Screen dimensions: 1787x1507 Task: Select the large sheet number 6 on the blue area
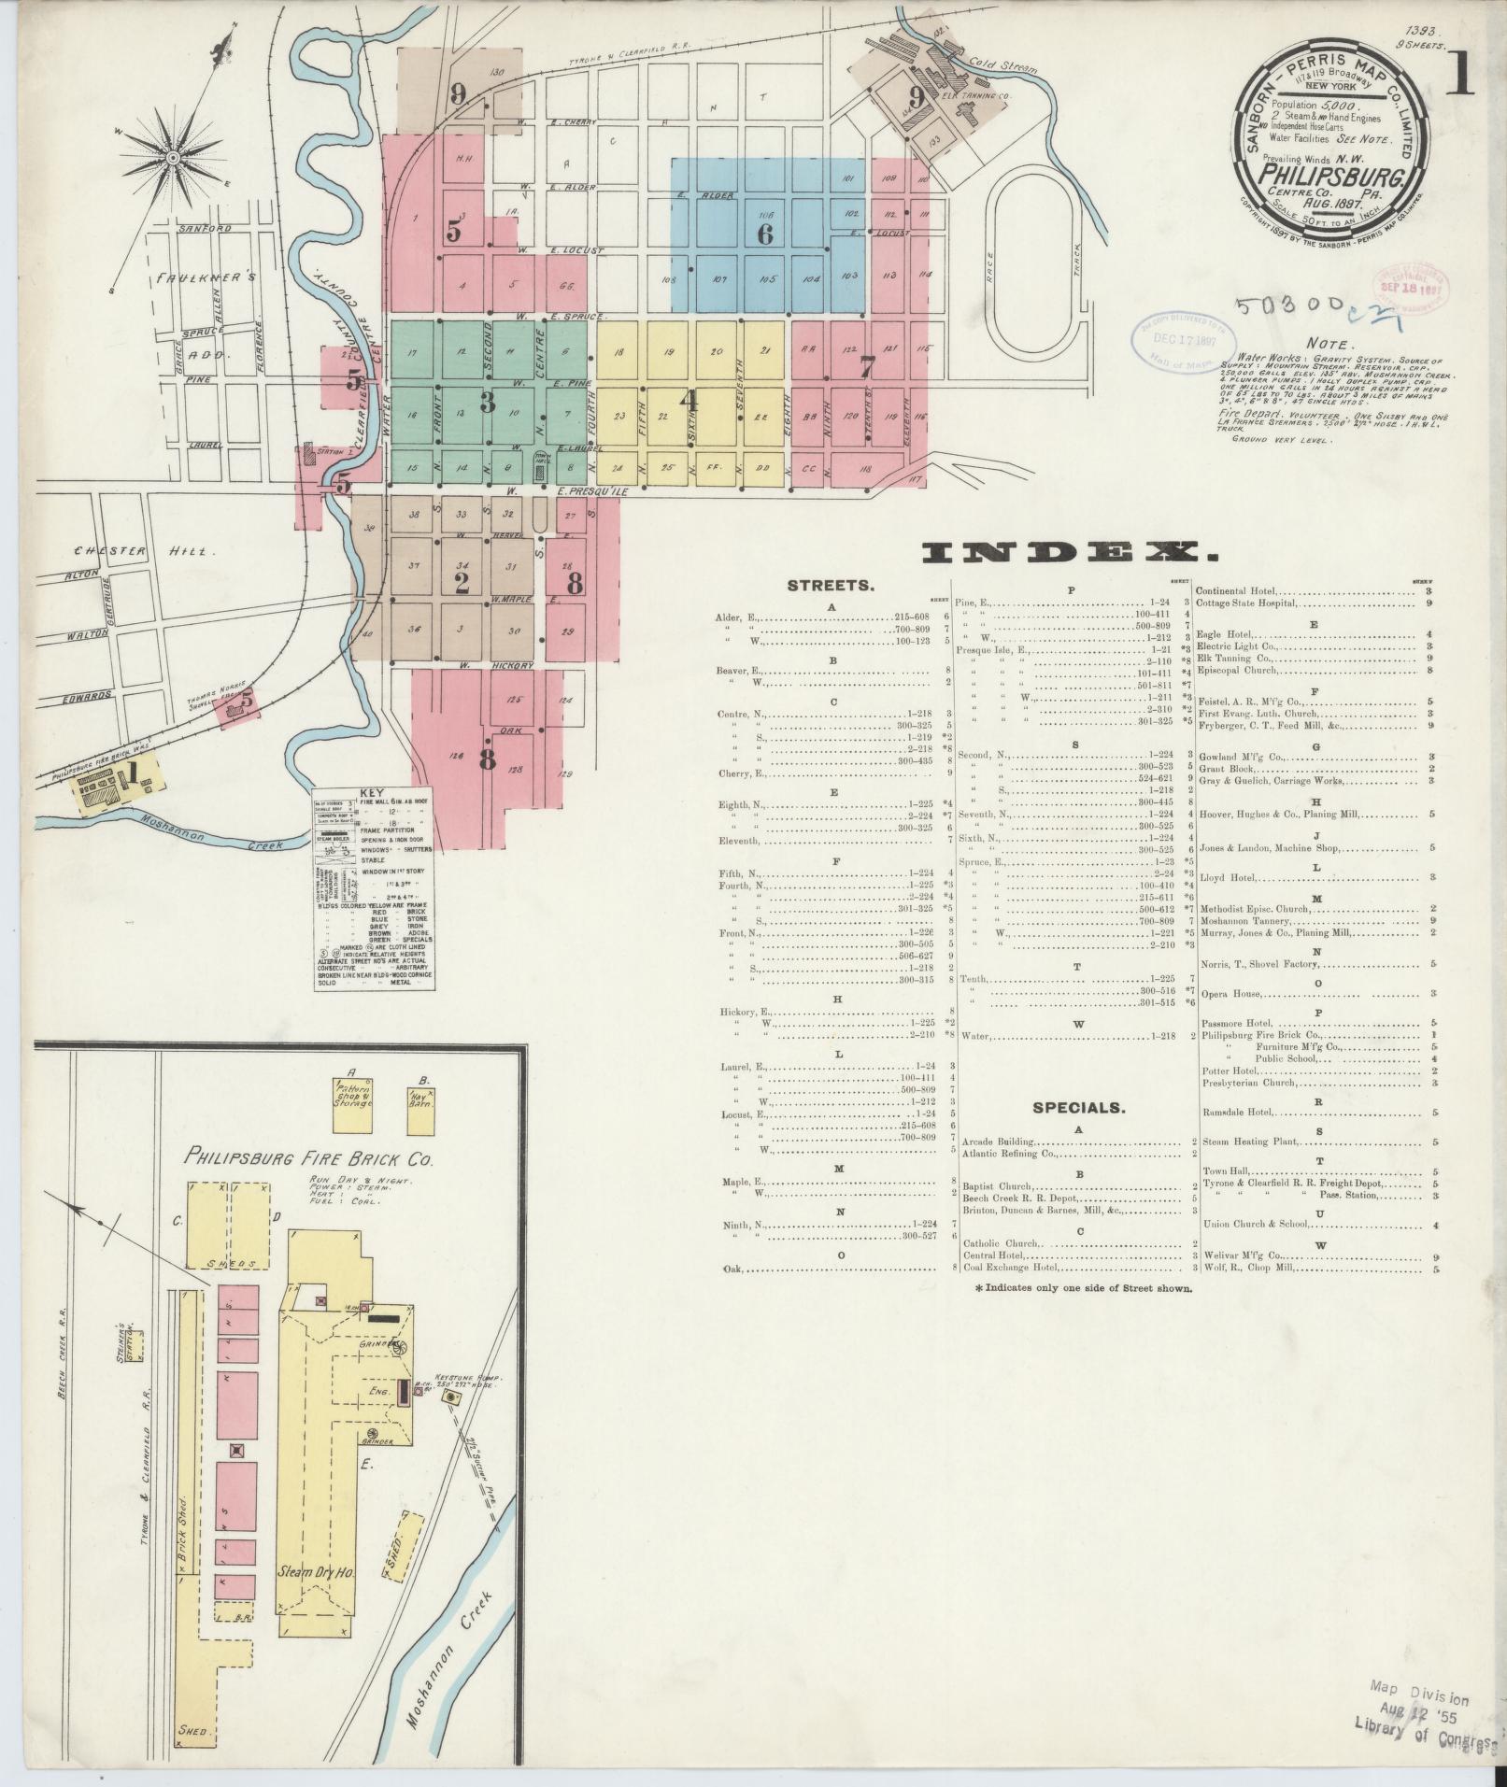[x=765, y=234]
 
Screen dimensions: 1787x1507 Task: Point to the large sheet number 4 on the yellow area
[x=690, y=401]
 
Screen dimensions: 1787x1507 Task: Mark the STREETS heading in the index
[x=831, y=587]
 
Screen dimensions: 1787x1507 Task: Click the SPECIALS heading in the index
[x=1078, y=1108]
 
